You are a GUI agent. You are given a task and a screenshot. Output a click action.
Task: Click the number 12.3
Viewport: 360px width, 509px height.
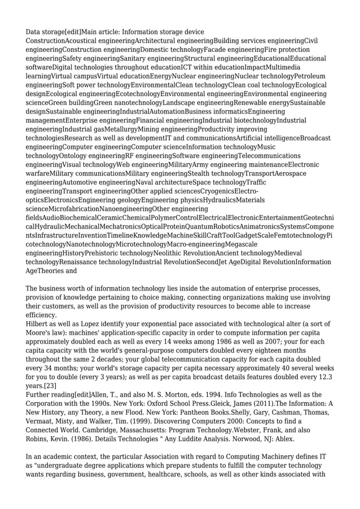point(339,376)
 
